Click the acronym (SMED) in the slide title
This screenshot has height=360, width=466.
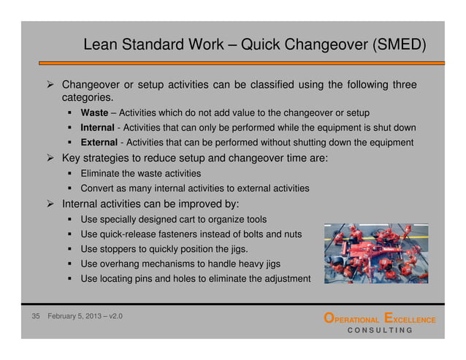point(399,45)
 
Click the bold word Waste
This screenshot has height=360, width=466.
point(95,113)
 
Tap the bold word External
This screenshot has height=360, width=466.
point(100,142)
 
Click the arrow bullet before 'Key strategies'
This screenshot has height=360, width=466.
point(51,158)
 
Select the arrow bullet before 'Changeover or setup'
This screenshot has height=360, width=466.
point(51,84)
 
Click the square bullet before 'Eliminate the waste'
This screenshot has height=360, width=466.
point(72,174)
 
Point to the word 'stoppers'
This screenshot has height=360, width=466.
point(117,249)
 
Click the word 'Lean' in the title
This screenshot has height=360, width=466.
point(99,45)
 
